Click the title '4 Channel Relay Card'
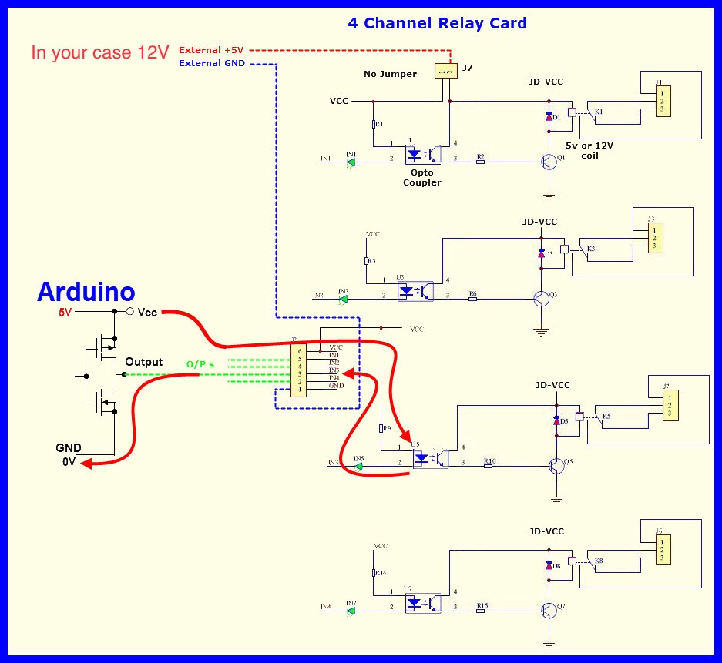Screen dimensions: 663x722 coord(437,23)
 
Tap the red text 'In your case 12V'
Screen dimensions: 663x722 coord(99,54)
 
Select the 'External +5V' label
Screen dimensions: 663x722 coord(211,50)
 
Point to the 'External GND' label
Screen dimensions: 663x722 coord(211,63)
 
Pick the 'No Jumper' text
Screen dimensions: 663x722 coord(390,75)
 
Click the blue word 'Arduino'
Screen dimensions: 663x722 coord(86,293)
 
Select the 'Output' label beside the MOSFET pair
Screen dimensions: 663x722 coord(144,362)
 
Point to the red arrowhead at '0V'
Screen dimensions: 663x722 coord(86,464)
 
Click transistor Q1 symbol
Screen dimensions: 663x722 coord(549,162)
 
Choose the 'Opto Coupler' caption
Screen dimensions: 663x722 coord(421,178)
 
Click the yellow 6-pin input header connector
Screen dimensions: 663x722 coord(297,370)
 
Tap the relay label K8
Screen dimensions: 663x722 coord(599,560)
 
